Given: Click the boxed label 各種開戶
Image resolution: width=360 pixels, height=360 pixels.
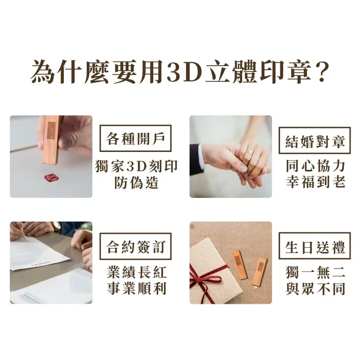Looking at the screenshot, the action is tap(135, 138).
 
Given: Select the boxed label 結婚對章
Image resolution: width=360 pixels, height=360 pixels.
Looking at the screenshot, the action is tap(315, 141).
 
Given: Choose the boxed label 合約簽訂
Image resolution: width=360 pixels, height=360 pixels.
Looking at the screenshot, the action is tap(135, 246).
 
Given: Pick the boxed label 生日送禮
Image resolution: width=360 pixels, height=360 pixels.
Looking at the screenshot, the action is tap(315, 246).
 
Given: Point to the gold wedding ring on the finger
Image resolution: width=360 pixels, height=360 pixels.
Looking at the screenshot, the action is tap(249, 152).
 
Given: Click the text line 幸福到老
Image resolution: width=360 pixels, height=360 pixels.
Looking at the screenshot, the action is tap(316, 182).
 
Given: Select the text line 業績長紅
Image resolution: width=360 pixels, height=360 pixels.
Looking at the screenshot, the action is tap(136, 272).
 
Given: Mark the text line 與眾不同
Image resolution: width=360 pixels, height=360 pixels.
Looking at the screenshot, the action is tap(316, 288).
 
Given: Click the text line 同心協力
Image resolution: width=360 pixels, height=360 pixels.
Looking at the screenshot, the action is tap(316, 166).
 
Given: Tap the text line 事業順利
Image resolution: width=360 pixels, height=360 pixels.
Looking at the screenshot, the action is tap(136, 288).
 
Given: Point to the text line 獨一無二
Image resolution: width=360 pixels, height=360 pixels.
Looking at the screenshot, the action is tap(316, 272).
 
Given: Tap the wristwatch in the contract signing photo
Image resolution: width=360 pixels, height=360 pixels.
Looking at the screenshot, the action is tap(56, 227).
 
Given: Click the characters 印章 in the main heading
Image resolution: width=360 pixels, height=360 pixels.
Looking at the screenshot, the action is tap(286, 72).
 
